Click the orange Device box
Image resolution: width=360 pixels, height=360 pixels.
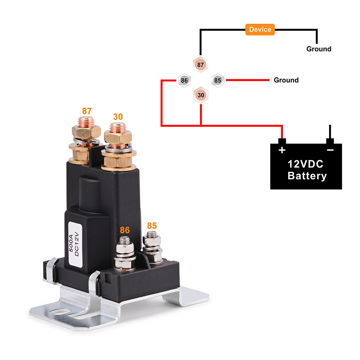[260, 30]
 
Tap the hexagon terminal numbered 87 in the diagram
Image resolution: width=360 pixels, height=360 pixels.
[201, 65]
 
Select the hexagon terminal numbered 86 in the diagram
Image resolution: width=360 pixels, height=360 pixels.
[184, 80]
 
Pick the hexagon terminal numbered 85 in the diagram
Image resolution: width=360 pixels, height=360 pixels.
[217, 80]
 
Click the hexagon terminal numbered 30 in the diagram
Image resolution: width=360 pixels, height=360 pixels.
[201, 95]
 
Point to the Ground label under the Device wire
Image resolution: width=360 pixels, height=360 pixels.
[319, 49]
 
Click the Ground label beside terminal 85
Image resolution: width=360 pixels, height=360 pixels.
[286, 80]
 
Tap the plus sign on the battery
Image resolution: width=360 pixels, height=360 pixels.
[282, 150]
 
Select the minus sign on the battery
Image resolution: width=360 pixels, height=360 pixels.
[330, 150]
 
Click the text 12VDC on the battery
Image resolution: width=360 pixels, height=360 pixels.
[305, 164]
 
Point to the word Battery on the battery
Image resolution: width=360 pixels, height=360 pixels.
[307, 176]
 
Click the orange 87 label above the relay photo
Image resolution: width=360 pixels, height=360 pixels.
[87, 111]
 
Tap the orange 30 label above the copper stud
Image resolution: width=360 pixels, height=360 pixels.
[118, 117]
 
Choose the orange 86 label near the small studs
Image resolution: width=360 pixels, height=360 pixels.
[125, 230]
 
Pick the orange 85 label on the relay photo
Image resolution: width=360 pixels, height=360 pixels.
[152, 226]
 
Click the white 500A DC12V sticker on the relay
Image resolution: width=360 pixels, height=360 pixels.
[75, 244]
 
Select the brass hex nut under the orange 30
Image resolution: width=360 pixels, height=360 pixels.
[118, 137]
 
